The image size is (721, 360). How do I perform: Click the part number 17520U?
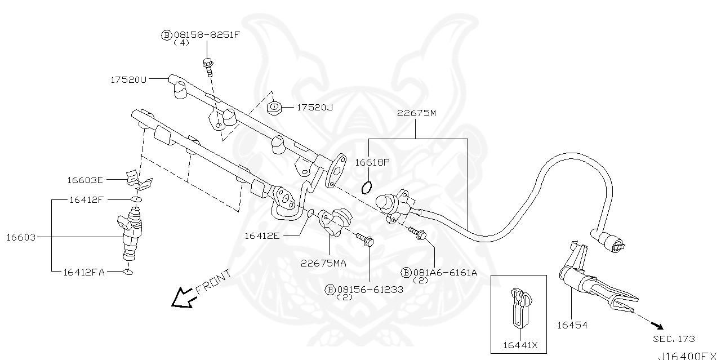click(128, 80)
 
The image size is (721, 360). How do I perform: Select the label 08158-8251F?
click(206, 34)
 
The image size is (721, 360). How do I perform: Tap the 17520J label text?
click(314, 107)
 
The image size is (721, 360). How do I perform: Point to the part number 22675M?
click(416, 113)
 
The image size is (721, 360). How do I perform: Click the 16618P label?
click(372, 162)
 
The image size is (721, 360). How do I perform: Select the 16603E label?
click(84, 180)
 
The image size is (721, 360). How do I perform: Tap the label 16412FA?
click(83, 272)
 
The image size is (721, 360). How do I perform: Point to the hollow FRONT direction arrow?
click(182, 298)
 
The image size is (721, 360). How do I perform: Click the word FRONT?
click(213, 282)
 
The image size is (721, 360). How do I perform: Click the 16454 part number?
click(572, 325)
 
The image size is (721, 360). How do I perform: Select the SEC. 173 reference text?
click(674, 339)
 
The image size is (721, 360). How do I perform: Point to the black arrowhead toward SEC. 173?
click(657, 326)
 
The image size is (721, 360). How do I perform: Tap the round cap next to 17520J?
click(274, 108)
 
